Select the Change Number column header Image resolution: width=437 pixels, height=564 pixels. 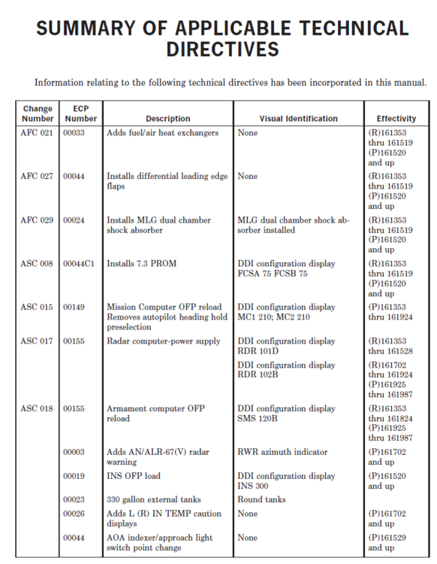(x=38, y=113)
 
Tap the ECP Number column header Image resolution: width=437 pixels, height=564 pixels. (x=80, y=113)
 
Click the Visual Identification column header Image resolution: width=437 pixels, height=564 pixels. (x=298, y=118)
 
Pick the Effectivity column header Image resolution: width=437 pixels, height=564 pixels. (x=396, y=118)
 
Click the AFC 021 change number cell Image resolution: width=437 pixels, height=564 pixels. (x=37, y=133)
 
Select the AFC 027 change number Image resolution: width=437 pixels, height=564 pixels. (x=37, y=177)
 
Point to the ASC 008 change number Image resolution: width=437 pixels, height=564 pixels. (x=37, y=264)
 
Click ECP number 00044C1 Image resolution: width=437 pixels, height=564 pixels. (x=79, y=264)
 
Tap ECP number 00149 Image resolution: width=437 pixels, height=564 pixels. (x=75, y=308)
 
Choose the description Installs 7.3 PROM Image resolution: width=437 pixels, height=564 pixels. (x=143, y=264)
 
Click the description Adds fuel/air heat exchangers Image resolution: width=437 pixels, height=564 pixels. (x=162, y=133)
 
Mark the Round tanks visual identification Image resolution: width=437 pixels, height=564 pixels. (x=261, y=499)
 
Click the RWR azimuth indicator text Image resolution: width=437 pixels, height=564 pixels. (x=282, y=452)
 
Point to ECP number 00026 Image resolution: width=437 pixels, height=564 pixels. (x=75, y=514)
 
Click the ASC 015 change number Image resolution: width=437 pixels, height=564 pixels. (x=37, y=308)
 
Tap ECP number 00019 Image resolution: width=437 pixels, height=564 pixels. (x=75, y=475)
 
